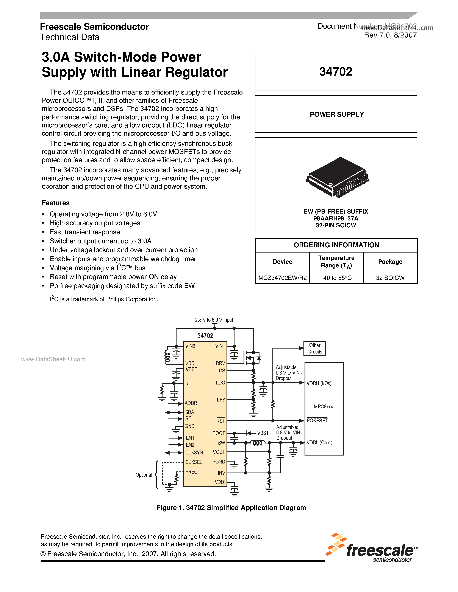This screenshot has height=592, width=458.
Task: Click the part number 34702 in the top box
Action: point(336,71)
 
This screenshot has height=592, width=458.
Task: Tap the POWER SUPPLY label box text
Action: point(336,114)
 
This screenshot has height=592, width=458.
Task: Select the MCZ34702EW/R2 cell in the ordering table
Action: point(282,278)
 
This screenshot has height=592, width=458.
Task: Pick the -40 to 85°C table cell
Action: point(336,278)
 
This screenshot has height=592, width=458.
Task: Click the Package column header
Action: point(390,262)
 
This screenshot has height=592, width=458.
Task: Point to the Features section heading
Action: point(56,203)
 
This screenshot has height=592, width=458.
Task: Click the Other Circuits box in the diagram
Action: point(314,348)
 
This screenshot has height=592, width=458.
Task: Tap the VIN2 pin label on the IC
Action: point(190,346)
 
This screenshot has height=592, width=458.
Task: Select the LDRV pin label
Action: point(219,363)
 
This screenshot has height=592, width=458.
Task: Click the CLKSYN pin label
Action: point(194,453)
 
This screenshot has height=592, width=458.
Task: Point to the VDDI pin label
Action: point(220,482)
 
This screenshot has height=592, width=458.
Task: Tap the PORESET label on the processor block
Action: point(317,420)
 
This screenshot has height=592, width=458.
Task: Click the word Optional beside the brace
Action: point(144,475)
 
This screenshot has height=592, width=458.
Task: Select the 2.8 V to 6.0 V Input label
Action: point(214,320)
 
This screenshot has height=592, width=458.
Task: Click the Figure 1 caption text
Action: point(231,508)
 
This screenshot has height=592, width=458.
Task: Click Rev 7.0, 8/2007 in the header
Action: point(390,35)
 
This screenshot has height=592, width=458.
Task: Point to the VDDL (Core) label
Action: point(319,443)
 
